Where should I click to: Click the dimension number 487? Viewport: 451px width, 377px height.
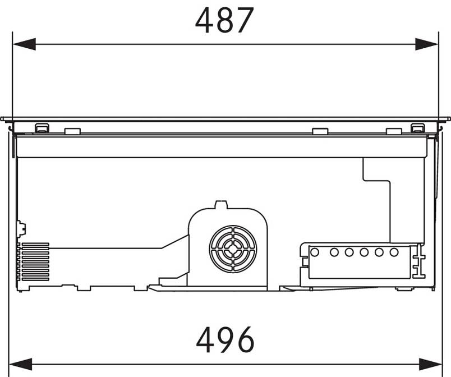point(224,20)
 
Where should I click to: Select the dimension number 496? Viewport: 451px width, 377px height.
point(225,339)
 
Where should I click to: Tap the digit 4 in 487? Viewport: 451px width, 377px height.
point(205,20)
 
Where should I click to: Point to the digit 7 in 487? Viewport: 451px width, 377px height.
point(245,20)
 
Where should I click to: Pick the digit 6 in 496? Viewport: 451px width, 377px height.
point(245,339)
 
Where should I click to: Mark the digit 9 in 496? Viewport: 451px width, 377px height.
point(225,339)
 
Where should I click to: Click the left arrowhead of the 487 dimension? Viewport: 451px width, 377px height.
point(24,44)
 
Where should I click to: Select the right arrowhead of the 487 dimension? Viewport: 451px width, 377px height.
point(427,44)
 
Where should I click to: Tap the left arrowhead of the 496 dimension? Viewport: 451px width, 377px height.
point(20,364)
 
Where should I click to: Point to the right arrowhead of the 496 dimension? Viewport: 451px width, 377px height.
point(430,364)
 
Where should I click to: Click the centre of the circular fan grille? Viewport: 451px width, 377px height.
point(233,249)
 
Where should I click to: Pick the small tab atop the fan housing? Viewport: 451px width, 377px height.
point(221,204)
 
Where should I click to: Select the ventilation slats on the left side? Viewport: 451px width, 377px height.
point(33,261)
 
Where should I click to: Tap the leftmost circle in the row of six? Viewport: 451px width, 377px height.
point(315,252)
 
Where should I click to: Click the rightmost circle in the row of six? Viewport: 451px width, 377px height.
point(394,252)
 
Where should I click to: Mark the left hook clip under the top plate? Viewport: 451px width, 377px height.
point(42,128)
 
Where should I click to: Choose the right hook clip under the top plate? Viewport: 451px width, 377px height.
point(417,128)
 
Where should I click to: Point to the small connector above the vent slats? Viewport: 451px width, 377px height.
point(21,229)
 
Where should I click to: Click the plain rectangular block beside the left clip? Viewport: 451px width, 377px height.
point(72,131)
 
